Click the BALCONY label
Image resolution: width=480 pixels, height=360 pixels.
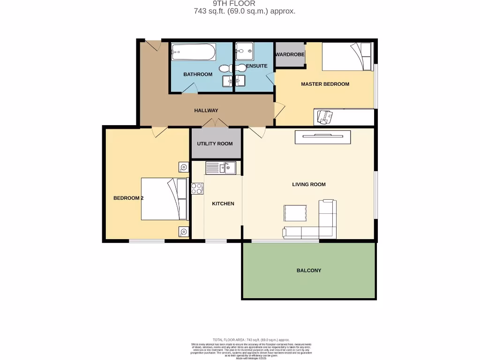click(x=309, y=270)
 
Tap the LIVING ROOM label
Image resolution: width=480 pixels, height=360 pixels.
click(x=309, y=184)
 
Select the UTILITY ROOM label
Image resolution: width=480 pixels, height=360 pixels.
click(x=215, y=144)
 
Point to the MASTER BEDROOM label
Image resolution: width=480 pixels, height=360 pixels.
click(x=325, y=84)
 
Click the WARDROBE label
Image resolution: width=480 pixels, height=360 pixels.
click(x=290, y=54)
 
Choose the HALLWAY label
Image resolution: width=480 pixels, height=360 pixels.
click(x=206, y=111)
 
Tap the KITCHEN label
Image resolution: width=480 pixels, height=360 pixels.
click(x=223, y=203)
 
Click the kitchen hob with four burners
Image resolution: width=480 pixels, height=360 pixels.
click(x=197, y=188)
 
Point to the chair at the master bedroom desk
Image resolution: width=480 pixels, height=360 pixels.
click(x=324, y=116)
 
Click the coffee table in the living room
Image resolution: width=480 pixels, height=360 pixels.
click(x=296, y=213)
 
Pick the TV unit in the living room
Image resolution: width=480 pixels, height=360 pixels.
click(x=322, y=137)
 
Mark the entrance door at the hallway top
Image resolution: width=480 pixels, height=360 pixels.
click(x=153, y=45)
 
